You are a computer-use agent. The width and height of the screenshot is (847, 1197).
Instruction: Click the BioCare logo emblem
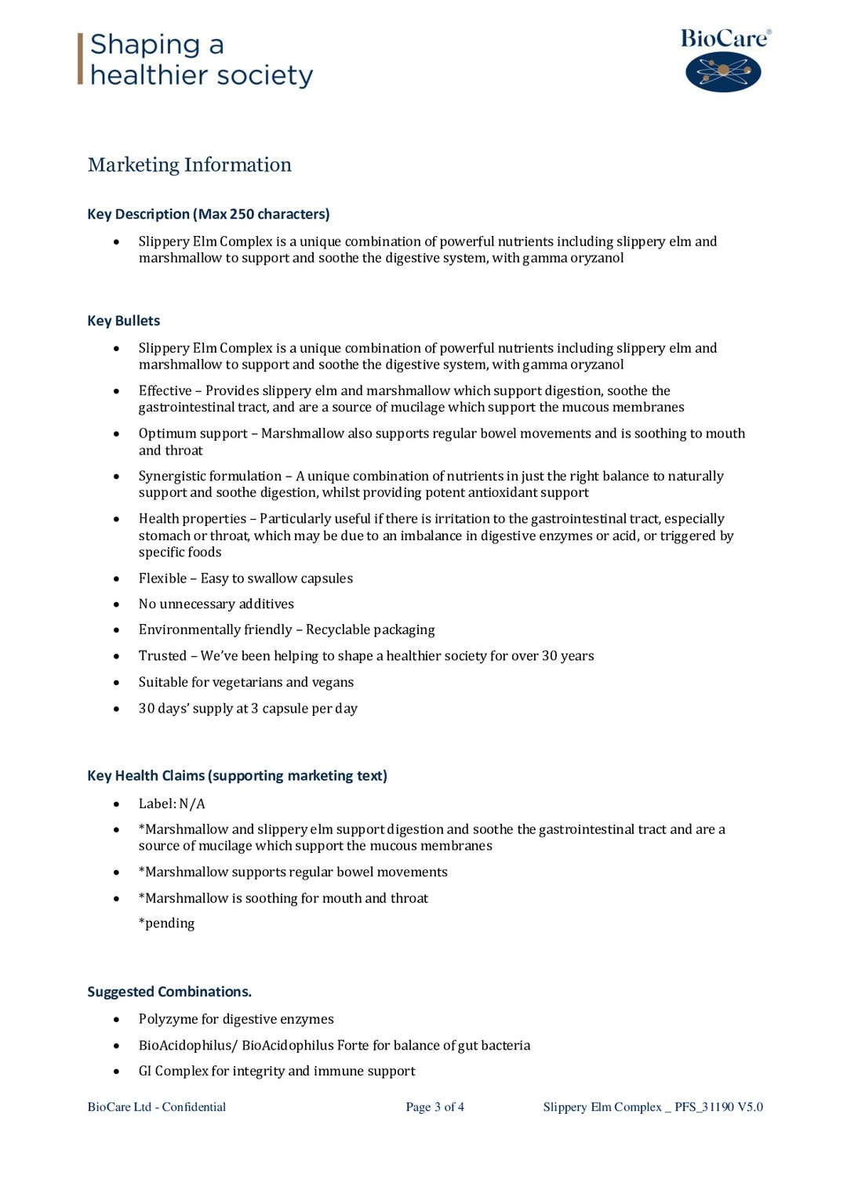coord(723,72)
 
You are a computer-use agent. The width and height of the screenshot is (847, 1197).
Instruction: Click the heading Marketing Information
coord(189,165)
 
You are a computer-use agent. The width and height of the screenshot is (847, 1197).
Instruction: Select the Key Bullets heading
coord(123,321)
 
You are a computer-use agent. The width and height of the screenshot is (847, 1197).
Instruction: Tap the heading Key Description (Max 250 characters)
coord(208,214)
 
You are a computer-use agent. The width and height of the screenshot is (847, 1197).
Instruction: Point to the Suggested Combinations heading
coord(169,992)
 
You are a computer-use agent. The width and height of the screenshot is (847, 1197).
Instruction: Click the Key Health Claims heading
coord(237,775)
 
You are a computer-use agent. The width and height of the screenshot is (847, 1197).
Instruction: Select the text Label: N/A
coord(171,803)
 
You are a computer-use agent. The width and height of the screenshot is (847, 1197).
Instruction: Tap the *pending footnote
coord(166,923)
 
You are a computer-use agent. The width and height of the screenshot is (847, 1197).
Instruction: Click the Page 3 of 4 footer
coord(434,1107)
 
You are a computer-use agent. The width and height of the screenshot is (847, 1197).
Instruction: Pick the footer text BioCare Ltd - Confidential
coord(156,1107)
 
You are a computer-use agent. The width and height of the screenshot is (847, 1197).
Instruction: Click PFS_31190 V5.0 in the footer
coord(718,1107)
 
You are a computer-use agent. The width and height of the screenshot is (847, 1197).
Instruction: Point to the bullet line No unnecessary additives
coord(216,604)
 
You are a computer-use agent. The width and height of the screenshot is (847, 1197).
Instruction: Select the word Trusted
coord(162,655)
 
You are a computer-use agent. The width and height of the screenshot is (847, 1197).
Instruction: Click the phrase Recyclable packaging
coord(369,629)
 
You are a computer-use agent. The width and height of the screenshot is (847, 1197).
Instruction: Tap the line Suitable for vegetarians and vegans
coord(245,682)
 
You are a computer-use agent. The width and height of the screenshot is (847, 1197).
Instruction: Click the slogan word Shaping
coord(145,45)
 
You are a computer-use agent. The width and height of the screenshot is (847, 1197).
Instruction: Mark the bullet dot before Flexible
coord(116,579)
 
